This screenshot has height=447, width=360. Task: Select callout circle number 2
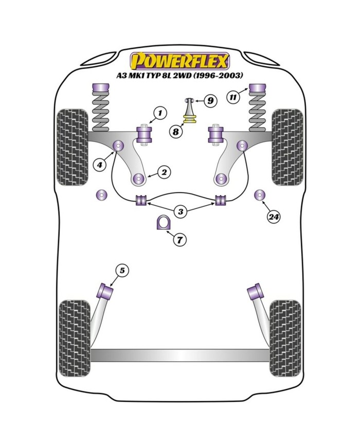click(x=164, y=172)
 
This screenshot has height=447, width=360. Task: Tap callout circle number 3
click(x=180, y=211)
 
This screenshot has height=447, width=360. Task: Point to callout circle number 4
click(x=99, y=165)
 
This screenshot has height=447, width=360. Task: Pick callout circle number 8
click(x=176, y=132)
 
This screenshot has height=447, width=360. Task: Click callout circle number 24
click(x=274, y=217)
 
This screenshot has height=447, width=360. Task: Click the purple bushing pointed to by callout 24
click(x=260, y=195)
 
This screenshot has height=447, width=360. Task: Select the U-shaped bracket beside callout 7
click(x=163, y=223)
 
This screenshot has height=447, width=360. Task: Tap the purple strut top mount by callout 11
click(x=257, y=88)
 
